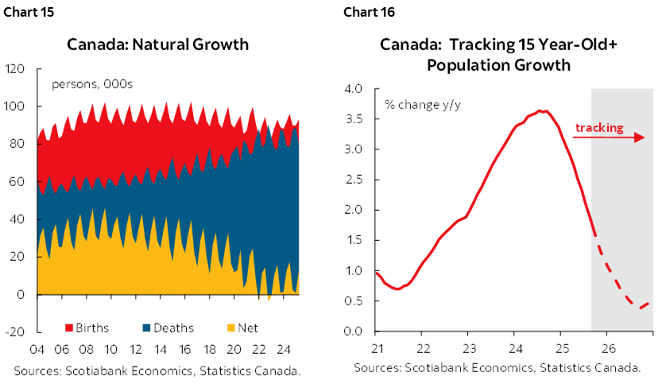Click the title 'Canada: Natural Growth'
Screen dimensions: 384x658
(x=170, y=45)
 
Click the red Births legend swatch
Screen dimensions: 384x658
(x=68, y=328)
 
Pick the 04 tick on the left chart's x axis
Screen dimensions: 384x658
(x=37, y=348)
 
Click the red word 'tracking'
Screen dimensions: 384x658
(x=599, y=127)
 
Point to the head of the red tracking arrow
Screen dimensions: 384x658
(x=641, y=138)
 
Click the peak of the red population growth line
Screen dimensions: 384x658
(x=540, y=111)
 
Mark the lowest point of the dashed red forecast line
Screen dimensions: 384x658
(x=639, y=308)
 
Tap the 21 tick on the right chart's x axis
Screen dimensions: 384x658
(x=377, y=348)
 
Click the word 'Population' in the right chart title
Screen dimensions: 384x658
(x=463, y=65)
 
